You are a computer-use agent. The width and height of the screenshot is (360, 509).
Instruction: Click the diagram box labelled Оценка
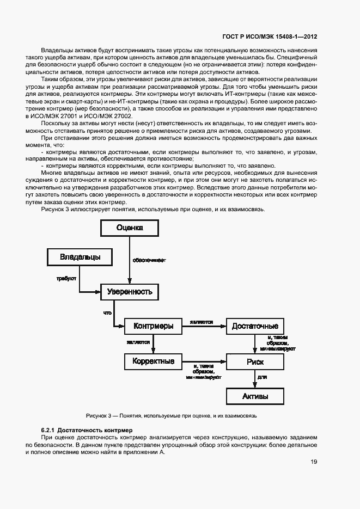130,228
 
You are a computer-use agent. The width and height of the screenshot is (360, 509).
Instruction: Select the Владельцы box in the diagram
79,256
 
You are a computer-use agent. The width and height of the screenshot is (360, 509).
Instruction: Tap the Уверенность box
130,292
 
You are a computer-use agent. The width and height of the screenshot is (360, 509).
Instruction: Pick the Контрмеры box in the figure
153,326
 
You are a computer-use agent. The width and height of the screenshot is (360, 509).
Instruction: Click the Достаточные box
255,326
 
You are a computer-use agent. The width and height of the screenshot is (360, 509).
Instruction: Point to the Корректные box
153,361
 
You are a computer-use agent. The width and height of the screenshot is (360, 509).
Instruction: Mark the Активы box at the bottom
255,396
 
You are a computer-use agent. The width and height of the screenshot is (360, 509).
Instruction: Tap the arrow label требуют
66,278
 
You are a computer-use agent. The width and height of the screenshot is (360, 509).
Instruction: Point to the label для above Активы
261,377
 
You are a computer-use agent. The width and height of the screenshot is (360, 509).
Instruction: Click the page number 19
314,462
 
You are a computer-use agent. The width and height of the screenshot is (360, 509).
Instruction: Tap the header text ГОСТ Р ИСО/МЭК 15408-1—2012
270,37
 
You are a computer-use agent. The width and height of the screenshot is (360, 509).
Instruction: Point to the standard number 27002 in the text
121,116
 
